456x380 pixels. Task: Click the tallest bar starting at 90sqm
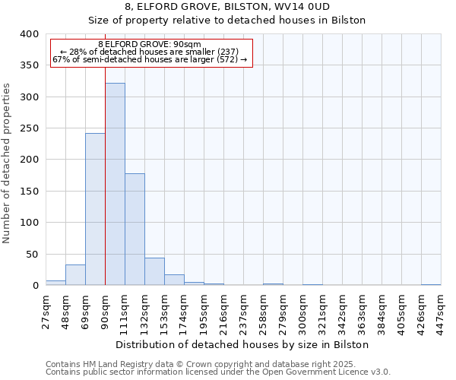coord(115,184)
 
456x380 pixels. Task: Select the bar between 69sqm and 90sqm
coord(95,209)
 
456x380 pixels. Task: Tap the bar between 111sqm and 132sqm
coord(135,229)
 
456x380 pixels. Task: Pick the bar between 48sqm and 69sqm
coord(75,275)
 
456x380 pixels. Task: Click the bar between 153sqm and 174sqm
coord(174,280)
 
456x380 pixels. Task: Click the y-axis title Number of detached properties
coord(7,160)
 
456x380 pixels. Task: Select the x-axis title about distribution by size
coord(243,344)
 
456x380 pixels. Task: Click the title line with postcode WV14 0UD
coord(227,6)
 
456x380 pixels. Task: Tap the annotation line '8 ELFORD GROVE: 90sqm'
coord(150,44)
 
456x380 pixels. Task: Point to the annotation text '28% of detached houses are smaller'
coord(150,52)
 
